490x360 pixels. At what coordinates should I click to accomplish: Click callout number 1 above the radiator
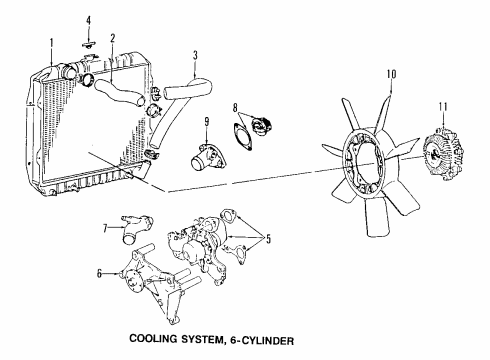51,42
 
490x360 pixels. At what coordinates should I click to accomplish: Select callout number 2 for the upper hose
112,39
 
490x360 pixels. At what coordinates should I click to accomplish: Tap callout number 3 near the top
196,53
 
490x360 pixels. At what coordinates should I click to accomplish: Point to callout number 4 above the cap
88,20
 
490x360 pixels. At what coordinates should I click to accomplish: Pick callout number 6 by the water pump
98,273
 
